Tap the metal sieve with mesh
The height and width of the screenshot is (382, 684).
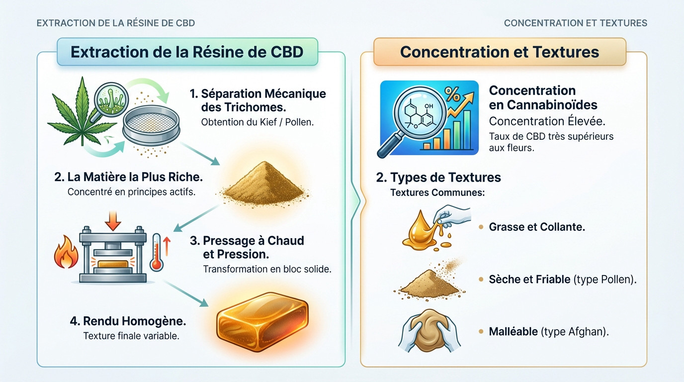150,127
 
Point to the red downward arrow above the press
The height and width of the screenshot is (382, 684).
114,219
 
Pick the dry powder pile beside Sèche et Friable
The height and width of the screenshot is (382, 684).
422,284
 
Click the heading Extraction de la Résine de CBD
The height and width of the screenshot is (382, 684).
187,52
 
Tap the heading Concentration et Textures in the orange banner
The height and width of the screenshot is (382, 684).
499,52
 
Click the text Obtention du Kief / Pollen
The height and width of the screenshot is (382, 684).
257,122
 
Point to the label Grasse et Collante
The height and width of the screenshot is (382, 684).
537,227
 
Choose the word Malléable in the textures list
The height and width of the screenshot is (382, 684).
513,331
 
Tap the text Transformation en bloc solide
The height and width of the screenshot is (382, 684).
267,269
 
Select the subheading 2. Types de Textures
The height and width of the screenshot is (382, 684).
438,177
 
